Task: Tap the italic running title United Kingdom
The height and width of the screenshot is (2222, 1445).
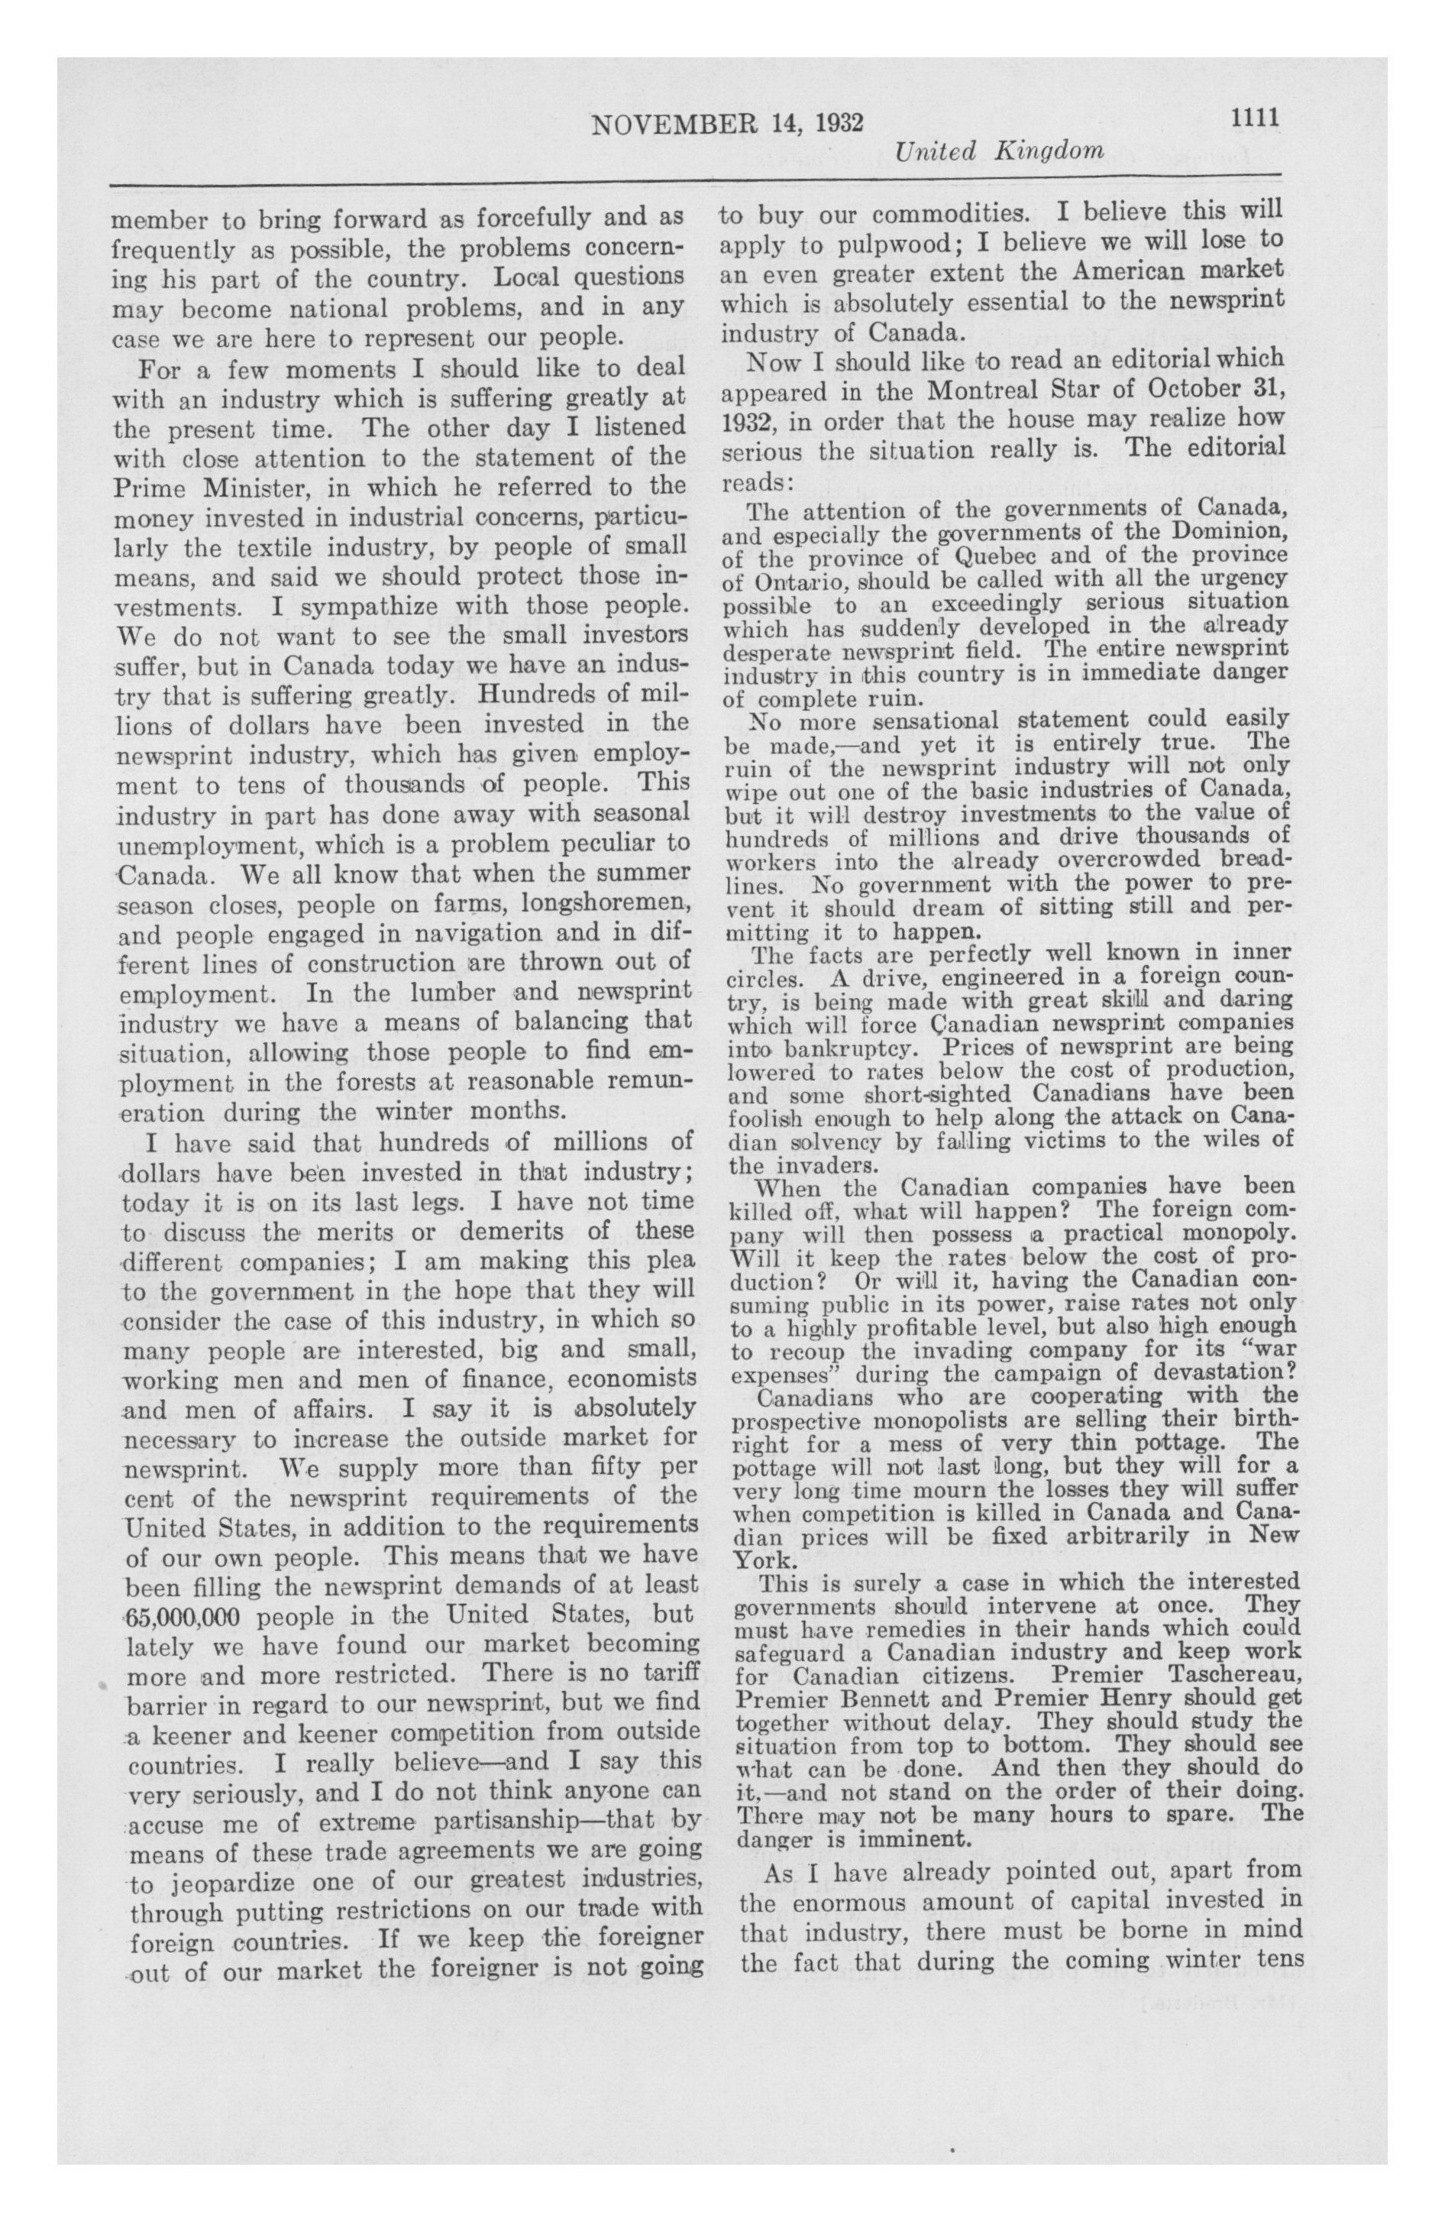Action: [x=999, y=151]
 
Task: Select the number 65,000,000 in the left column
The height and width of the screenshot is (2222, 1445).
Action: [x=183, y=1616]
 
